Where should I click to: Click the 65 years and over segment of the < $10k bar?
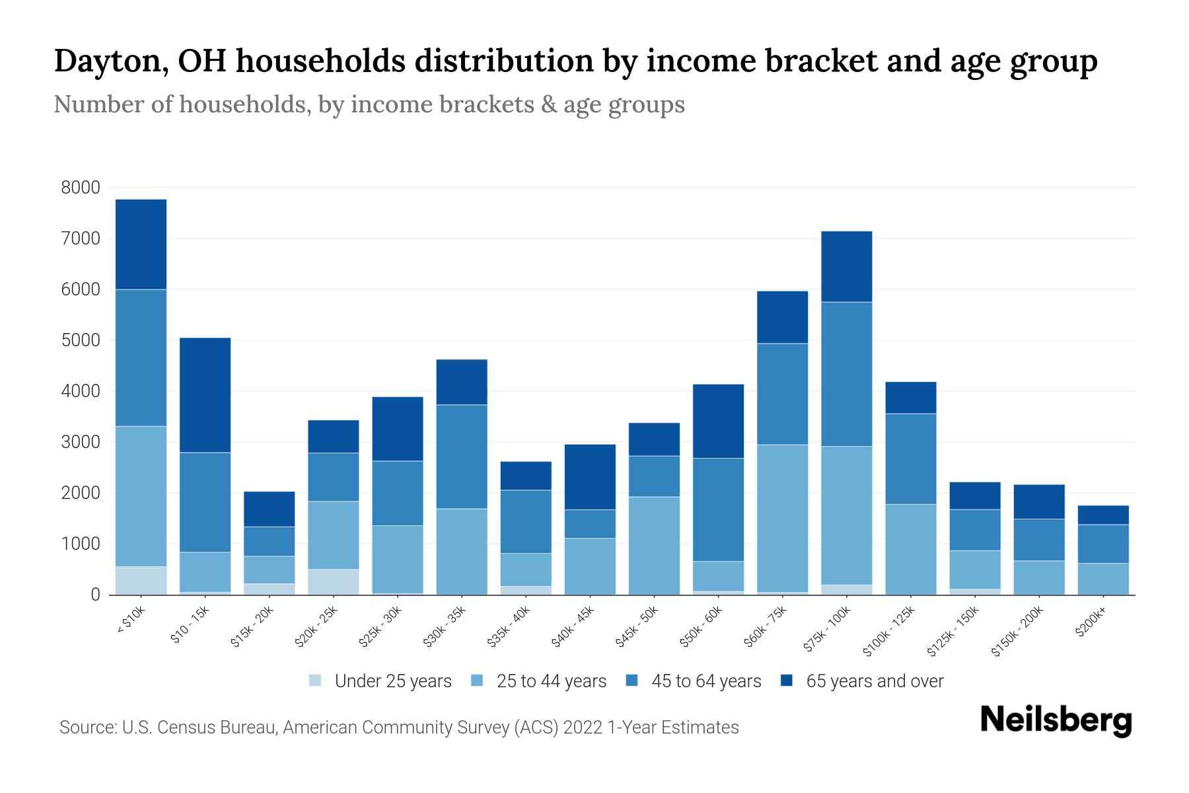click(x=141, y=245)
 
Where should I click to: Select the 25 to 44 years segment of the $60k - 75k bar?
click(x=782, y=518)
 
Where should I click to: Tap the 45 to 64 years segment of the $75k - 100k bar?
click(x=846, y=374)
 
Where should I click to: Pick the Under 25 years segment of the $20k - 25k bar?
click(x=333, y=582)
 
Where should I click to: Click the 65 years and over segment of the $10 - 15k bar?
click(x=205, y=395)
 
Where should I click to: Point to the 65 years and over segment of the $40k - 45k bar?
click(x=590, y=476)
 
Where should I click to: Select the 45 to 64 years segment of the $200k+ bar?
click(x=1102, y=544)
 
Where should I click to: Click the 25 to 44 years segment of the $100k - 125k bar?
click(x=910, y=549)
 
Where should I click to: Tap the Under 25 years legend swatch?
click(x=316, y=681)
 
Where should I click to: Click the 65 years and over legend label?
click(x=875, y=681)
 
